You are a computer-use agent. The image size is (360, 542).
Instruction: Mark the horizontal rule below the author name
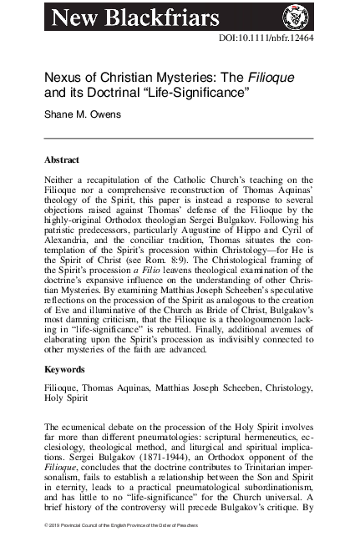pos(179,138)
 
